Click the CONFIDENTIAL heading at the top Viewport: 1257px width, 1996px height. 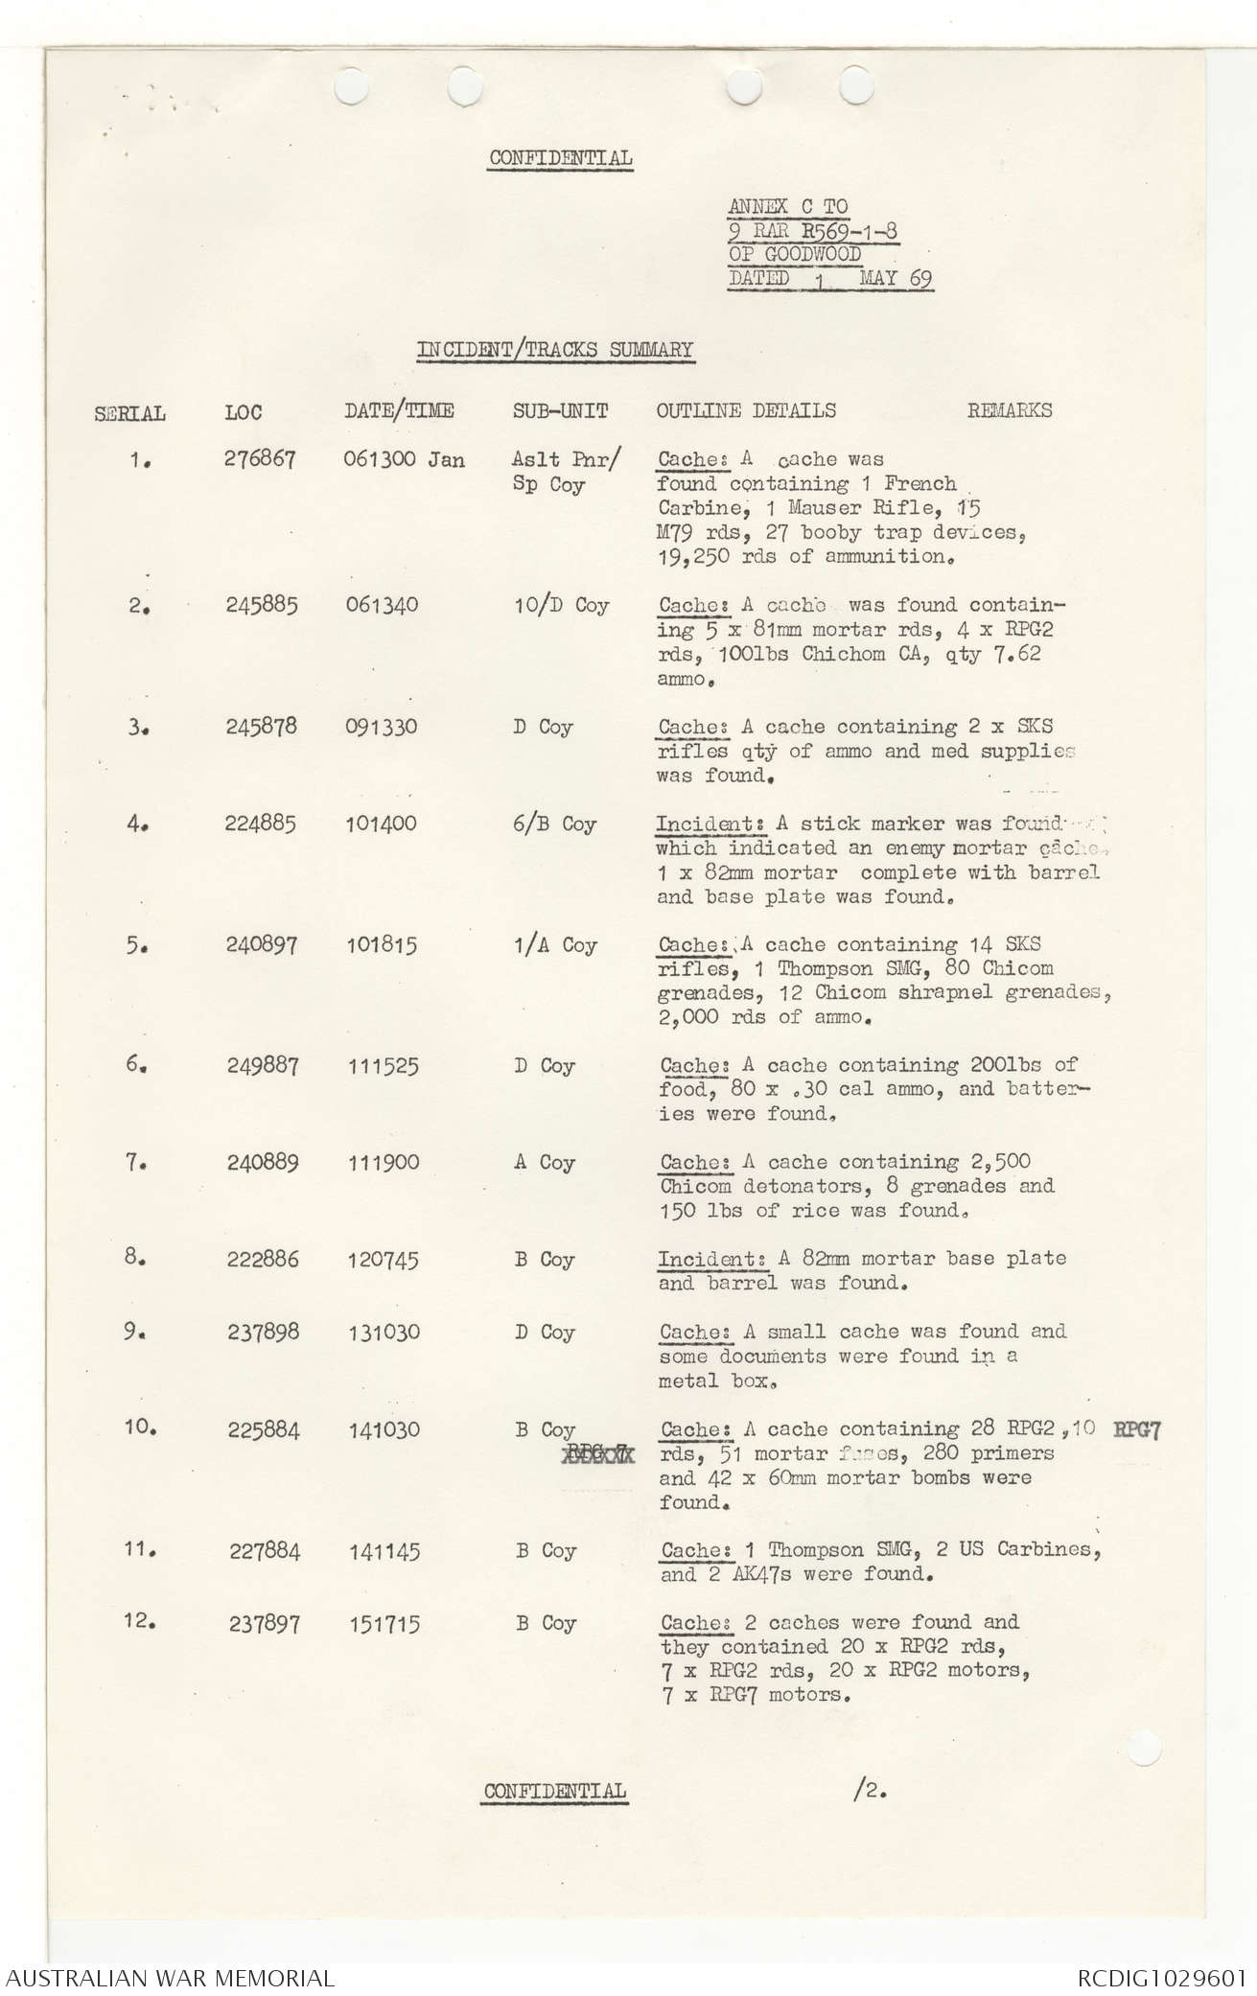[x=560, y=158]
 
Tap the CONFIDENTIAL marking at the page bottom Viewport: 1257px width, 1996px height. [x=555, y=1791]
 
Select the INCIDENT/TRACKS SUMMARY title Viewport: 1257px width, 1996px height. [x=554, y=349]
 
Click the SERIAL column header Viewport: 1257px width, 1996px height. [x=129, y=414]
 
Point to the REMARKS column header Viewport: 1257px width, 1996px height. [x=1009, y=410]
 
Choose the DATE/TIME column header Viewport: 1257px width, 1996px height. [x=399, y=411]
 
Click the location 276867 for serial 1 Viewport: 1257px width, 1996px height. [x=260, y=459]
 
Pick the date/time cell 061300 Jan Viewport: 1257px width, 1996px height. [x=404, y=459]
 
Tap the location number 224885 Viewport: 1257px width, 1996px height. [x=261, y=824]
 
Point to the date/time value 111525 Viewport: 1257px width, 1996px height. [x=383, y=1066]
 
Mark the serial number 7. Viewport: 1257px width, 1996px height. [x=133, y=1162]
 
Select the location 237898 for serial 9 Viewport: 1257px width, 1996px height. [x=263, y=1333]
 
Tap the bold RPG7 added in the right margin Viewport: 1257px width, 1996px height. [x=1137, y=1431]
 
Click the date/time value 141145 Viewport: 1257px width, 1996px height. [x=384, y=1551]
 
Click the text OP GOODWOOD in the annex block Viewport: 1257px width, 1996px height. [x=795, y=254]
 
